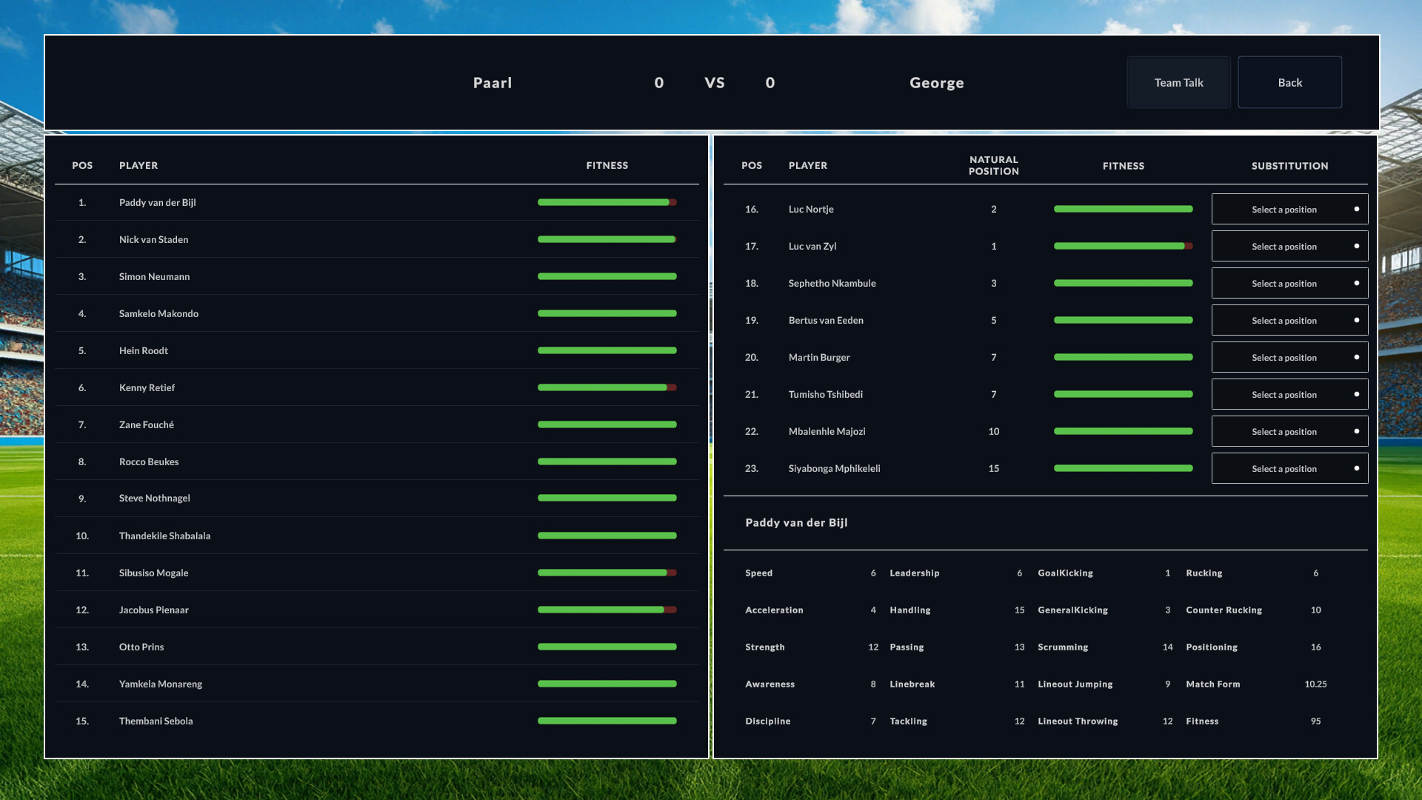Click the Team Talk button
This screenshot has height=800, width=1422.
click(x=1178, y=82)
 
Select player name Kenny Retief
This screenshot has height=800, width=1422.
click(x=147, y=387)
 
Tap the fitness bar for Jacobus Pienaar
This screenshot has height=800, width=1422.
click(x=607, y=610)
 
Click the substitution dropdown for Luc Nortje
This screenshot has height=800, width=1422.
click(x=1289, y=210)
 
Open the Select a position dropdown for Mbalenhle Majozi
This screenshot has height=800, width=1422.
click(x=1289, y=432)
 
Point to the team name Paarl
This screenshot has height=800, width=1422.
click(x=493, y=83)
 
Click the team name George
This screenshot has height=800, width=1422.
click(x=936, y=83)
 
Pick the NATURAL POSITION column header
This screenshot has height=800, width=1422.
click(x=993, y=165)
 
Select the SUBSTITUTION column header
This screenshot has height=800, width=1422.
click(x=1289, y=166)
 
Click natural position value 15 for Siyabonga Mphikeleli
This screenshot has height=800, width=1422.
click(x=993, y=469)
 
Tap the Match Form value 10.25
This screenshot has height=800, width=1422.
click(x=1315, y=684)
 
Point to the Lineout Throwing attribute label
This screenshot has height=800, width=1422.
click(x=1078, y=721)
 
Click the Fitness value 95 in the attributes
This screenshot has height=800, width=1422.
click(x=1315, y=721)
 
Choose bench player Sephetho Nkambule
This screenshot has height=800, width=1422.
click(x=832, y=284)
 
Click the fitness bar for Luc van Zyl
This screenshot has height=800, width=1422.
click(x=1123, y=247)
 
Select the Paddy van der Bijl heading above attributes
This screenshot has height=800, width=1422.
click(x=796, y=523)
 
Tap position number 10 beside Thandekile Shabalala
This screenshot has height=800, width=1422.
click(x=82, y=536)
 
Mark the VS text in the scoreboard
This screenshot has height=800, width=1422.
click(x=715, y=83)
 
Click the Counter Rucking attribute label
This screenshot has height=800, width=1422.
click(x=1224, y=610)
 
